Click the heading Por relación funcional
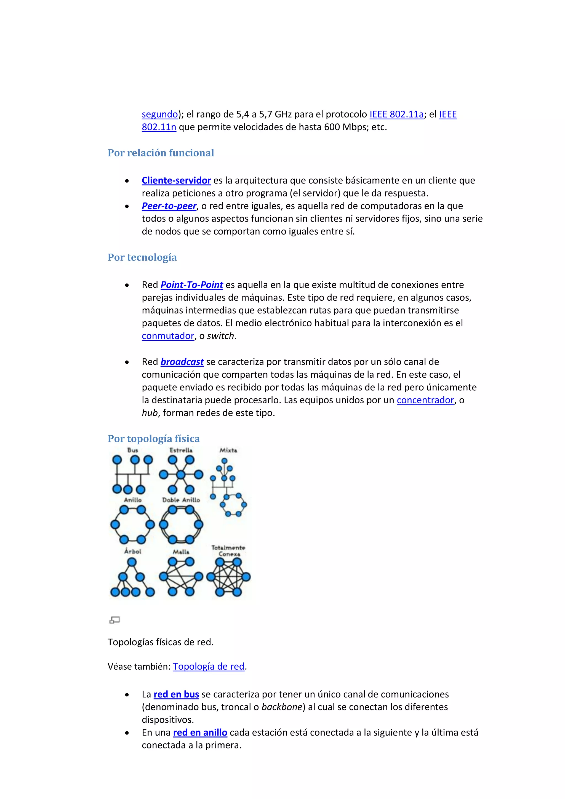tap(161, 153)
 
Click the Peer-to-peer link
tap(169, 206)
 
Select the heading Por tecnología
tap(142, 257)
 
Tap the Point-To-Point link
tap(192, 285)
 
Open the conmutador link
tap(168, 336)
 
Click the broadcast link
tap(182, 362)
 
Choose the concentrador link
tap(425, 400)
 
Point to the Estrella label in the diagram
tap(181, 450)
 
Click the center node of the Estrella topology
tap(181, 474)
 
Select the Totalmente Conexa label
tap(228, 550)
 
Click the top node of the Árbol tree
tap(132, 562)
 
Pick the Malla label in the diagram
tap(181, 552)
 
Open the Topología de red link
tap(209, 666)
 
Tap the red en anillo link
tap(200, 733)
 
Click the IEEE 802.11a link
tap(396, 114)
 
